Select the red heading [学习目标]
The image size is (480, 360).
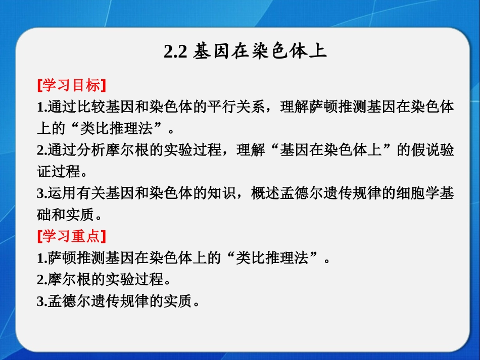click(x=71, y=85)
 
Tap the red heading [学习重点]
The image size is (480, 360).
click(x=71, y=236)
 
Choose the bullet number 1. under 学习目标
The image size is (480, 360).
click(x=42, y=108)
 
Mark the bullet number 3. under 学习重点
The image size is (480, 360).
click(x=42, y=302)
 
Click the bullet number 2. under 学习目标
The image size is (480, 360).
click(x=42, y=151)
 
